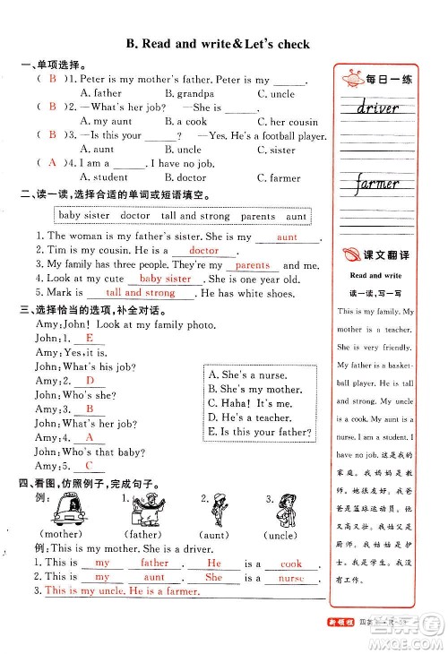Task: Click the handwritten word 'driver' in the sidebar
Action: pos(377,109)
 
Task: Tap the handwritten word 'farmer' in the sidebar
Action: pos(376,185)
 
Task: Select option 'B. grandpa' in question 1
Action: pos(189,93)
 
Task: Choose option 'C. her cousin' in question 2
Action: pos(288,122)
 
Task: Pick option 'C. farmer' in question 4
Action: pos(279,177)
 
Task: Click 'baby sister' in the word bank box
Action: pos(84,216)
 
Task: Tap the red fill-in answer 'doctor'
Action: pos(204,252)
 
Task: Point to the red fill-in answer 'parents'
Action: pos(253,265)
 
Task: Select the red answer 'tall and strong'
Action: pos(141,293)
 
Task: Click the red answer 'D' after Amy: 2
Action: pos(90,380)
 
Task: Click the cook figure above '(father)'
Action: pos(147,512)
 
